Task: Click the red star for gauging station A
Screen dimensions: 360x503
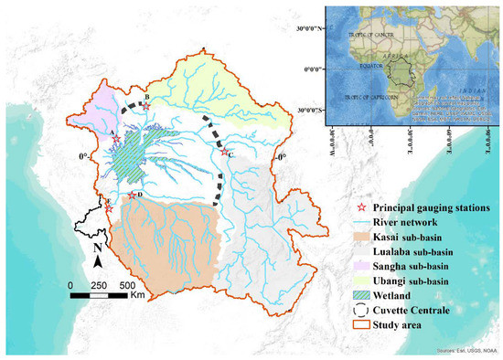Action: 116,139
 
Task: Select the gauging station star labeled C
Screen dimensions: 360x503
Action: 225,153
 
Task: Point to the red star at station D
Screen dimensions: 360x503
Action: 133,196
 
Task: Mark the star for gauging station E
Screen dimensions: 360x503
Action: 110,207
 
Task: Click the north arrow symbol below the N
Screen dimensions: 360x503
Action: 98,262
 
